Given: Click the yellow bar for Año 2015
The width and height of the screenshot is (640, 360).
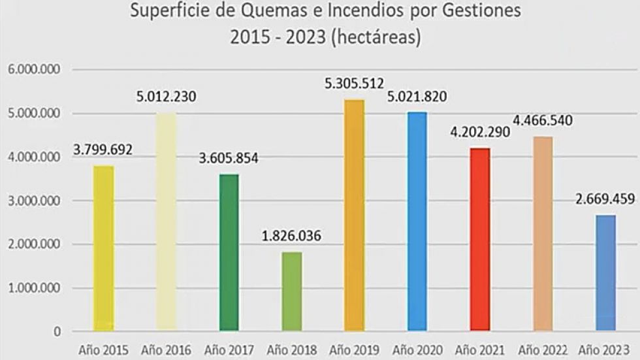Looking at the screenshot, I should pos(103,248).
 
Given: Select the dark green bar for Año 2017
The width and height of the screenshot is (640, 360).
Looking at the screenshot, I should pos(229,253).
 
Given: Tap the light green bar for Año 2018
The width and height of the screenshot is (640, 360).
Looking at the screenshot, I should pos(292,291).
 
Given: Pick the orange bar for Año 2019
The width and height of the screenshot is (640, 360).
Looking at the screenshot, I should pos(354,216).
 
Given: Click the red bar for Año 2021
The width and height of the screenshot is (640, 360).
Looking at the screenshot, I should pos(480,239).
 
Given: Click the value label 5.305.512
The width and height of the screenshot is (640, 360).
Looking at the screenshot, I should pos(354,83).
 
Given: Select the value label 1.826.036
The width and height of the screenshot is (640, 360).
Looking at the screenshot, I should pos(291,236).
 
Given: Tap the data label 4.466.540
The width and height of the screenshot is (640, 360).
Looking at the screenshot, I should pos(543,120).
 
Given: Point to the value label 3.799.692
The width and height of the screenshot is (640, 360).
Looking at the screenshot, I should pos(103,150).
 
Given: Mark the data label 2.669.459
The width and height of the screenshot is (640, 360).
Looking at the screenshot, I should pos(605,199).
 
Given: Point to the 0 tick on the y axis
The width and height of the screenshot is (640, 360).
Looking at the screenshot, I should pos(57,332).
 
